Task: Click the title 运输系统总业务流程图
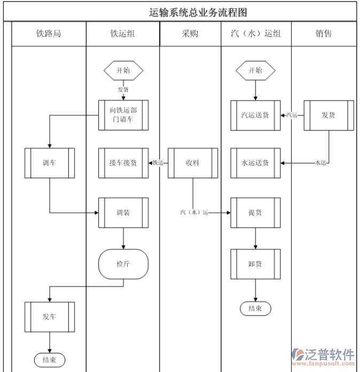tap(198, 12)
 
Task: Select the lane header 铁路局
tap(49, 34)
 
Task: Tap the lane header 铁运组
tap(122, 34)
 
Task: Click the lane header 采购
tap(190, 34)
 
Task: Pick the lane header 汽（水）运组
tap(255, 34)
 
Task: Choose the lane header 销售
tap(323, 34)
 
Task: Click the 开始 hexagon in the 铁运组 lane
tap(123, 70)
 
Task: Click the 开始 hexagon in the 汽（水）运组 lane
tap(255, 70)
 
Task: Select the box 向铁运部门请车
tap(123, 115)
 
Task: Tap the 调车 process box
tap(49, 163)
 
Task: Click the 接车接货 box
tap(123, 163)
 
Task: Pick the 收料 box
tap(193, 163)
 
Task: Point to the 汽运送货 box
tap(255, 115)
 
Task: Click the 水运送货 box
tap(255, 163)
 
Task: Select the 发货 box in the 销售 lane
tap(328, 115)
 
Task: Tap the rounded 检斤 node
tap(123, 263)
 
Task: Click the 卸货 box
tap(255, 263)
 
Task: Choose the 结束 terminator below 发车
tap(49, 360)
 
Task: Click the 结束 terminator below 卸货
tap(255, 308)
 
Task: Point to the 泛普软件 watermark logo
tap(324, 356)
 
